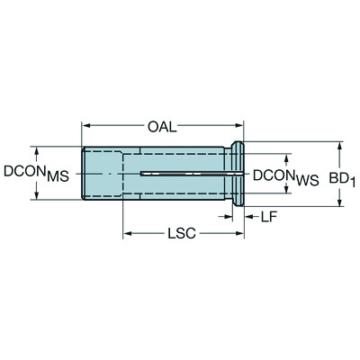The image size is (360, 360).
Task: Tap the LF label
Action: coord(269,217)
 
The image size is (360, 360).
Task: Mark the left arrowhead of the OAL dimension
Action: coord(87,124)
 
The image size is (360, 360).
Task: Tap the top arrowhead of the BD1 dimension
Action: coord(340,145)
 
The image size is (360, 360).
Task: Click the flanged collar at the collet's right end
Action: coord(240,174)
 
